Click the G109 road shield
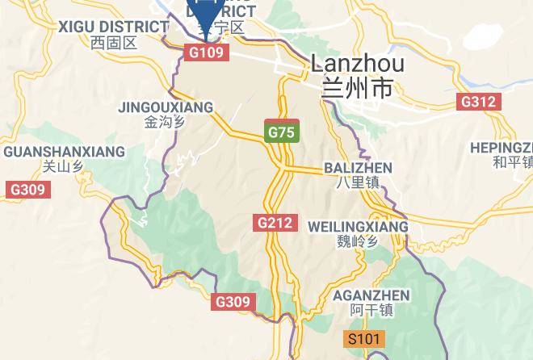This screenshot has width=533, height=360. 207,52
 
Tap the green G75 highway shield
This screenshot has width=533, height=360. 282,132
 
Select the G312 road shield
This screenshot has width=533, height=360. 478,102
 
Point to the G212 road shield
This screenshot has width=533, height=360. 276,222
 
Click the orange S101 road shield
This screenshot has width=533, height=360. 364,338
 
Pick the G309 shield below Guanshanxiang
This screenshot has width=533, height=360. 28,190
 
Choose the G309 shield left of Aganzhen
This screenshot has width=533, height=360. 234,302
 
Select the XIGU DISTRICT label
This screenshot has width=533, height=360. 113,27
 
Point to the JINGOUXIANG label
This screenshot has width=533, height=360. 165,107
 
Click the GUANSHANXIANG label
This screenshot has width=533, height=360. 64,152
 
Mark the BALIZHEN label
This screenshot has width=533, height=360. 357,168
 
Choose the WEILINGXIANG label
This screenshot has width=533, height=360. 358,227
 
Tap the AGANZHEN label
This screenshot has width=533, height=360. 371,295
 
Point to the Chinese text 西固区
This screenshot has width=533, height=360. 113,43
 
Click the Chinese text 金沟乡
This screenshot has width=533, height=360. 165,123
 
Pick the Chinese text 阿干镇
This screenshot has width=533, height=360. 371,311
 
